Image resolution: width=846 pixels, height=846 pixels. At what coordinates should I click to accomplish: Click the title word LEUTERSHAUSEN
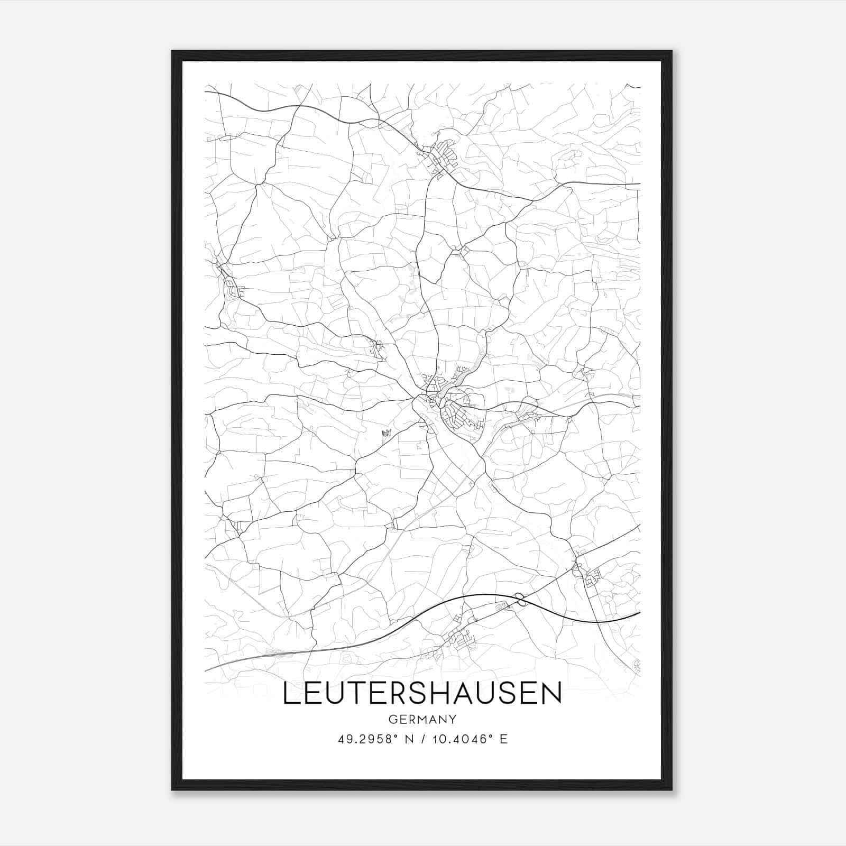click(422, 693)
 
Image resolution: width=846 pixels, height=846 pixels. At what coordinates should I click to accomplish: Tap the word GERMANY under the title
click(422, 719)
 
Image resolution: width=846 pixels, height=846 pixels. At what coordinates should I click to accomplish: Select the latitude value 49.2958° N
click(376, 739)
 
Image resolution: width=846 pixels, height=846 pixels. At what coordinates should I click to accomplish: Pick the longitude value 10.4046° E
click(470, 739)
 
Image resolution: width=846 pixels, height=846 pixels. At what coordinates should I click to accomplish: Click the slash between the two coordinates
click(422, 739)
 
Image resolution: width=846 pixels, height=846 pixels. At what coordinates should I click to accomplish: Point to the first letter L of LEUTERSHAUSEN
click(290, 693)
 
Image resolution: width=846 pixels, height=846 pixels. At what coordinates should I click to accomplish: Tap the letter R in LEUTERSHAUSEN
click(394, 693)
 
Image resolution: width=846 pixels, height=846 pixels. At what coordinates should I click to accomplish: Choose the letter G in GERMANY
click(392, 719)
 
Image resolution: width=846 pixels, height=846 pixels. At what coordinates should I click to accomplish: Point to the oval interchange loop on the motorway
click(521, 599)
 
